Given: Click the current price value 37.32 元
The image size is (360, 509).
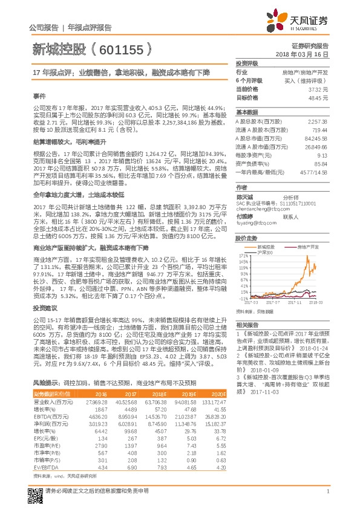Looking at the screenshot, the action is pos(318,88).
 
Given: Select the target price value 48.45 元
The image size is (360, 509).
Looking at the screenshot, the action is pos(318,97).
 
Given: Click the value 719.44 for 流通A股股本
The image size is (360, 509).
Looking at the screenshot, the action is pos(319,130).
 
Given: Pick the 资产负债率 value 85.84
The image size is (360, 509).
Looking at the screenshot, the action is pos(320,163).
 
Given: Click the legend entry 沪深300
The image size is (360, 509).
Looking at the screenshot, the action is pos(265,252).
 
